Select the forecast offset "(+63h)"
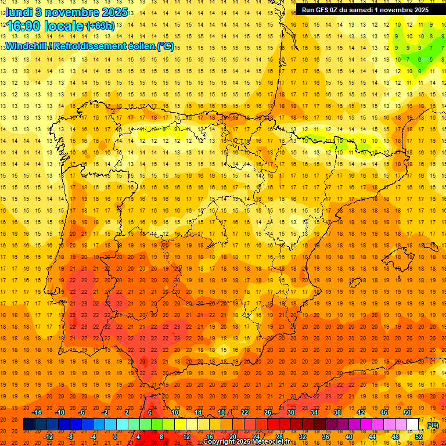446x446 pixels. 100,25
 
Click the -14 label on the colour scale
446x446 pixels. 37,412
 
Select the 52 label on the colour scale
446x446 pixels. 419,437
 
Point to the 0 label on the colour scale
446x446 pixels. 114,437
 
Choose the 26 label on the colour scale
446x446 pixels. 268,412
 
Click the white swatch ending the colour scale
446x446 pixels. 413,425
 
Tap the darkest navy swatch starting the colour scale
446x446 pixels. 29,425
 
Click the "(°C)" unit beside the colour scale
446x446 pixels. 432,425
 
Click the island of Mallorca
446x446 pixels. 395,256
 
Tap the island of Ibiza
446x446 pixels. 355,283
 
